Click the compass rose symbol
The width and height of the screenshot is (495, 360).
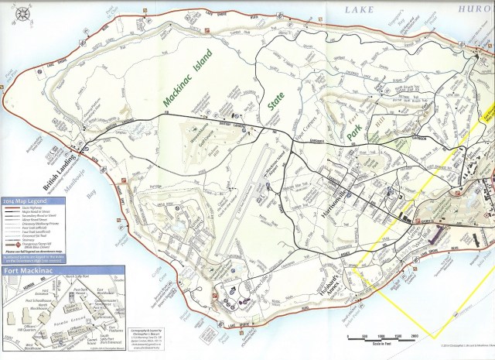pos(13,13)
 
